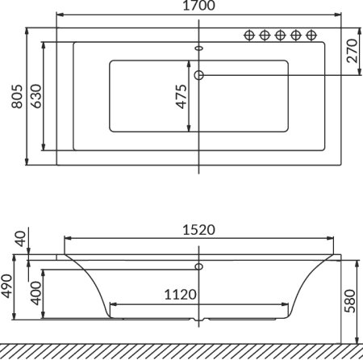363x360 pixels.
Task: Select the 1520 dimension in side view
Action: pyautogui.click(x=199, y=229)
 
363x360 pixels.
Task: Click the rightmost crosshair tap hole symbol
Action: pyautogui.click(x=311, y=35)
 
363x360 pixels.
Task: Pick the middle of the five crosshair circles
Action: pyautogui.click(x=280, y=35)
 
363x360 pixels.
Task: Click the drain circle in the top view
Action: pyautogui.click(x=200, y=75)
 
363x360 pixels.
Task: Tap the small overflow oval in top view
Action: pyautogui.click(x=200, y=47)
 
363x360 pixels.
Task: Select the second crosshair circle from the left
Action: pyautogui.click(x=265, y=35)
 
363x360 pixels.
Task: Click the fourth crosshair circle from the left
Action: pyautogui.click(x=295, y=35)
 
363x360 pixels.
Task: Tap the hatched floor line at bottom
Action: pyautogui.click(x=181, y=351)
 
